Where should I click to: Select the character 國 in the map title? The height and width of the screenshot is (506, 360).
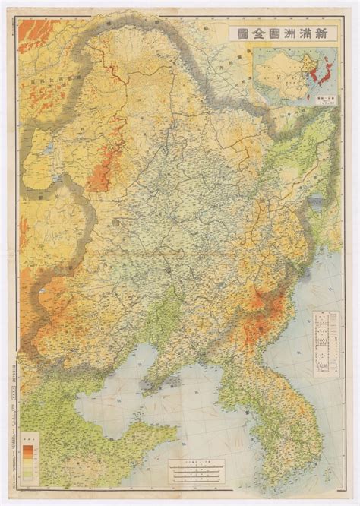tap(247, 32)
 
